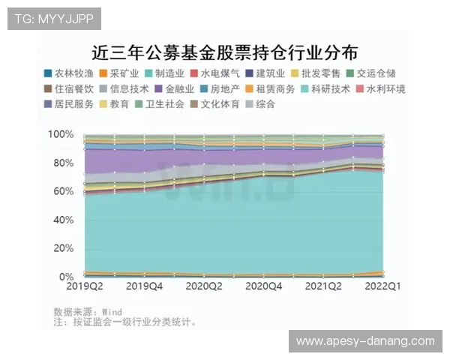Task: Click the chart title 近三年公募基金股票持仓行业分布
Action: [224, 52]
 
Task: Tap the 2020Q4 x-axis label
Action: [264, 286]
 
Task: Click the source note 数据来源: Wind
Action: [88, 311]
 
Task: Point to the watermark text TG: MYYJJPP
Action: [53, 18]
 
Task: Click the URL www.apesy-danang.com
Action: [365, 341]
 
